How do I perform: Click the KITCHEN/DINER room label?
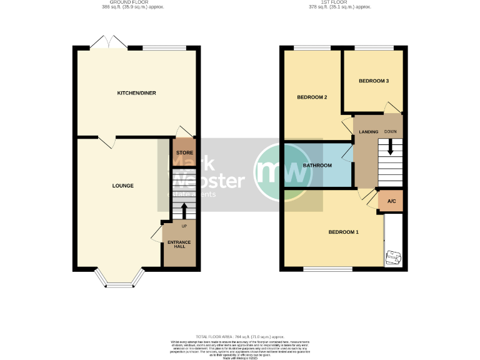(x=136, y=93)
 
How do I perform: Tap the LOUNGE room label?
(x=122, y=186)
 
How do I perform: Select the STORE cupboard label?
(x=184, y=152)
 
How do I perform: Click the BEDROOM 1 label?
(x=344, y=232)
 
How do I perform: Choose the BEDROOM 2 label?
(x=312, y=97)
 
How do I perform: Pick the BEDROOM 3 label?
(x=374, y=81)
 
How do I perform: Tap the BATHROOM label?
(x=317, y=166)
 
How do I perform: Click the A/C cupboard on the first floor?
(x=391, y=201)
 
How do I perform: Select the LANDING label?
(x=368, y=132)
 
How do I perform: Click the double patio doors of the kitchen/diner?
(x=109, y=44)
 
